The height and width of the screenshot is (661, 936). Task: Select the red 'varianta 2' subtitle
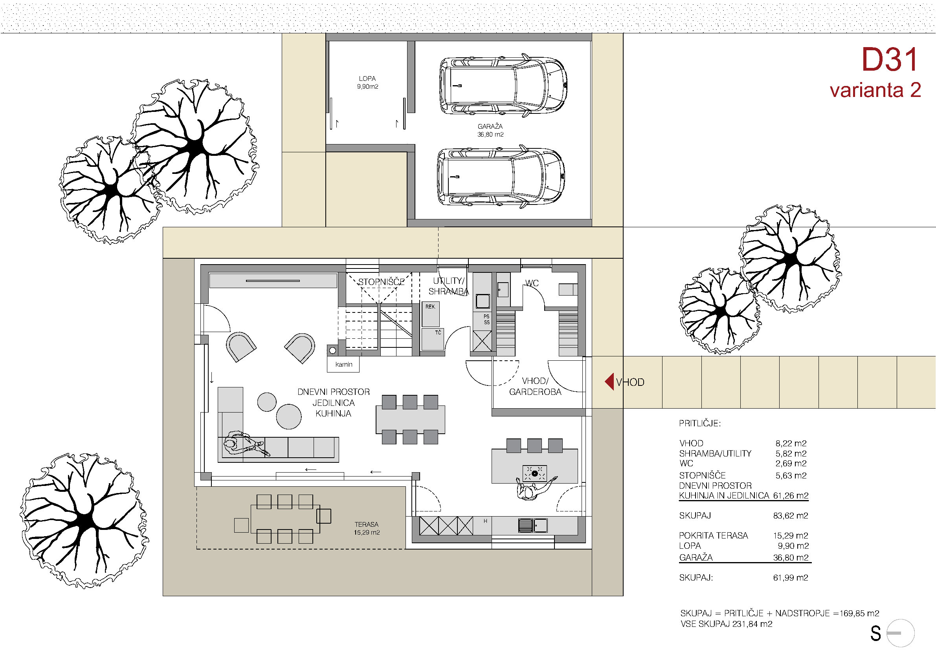875,90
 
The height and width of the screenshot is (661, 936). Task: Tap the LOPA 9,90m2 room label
367,82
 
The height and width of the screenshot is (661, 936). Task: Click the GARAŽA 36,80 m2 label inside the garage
490,130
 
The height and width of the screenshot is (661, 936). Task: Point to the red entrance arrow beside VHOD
609,382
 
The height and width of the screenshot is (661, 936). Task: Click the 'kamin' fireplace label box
343,365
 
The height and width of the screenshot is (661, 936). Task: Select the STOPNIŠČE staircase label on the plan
381,282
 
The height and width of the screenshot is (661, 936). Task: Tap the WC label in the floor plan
532,283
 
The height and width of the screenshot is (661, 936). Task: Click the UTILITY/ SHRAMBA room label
448,286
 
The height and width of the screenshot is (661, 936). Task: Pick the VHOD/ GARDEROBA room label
535,387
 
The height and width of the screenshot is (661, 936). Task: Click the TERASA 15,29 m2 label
367,529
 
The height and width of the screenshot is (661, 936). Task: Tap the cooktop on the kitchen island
534,474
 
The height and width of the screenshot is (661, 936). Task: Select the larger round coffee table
289,416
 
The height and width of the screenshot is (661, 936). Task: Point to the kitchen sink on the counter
533,525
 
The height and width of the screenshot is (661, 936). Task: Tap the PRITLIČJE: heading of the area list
699,424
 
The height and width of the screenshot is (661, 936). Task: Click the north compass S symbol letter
875,633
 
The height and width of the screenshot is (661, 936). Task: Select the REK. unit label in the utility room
430,307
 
